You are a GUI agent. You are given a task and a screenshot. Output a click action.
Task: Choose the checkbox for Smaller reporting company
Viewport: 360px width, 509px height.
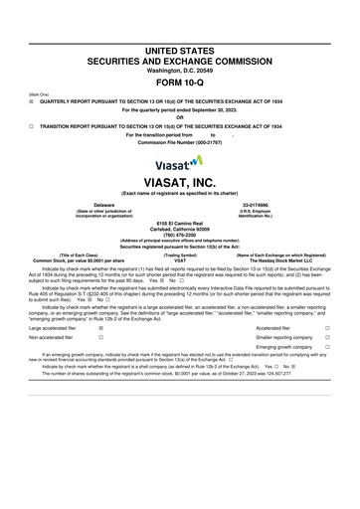tap(340, 336)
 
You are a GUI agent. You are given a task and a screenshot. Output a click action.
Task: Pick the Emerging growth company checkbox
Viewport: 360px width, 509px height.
tap(340, 347)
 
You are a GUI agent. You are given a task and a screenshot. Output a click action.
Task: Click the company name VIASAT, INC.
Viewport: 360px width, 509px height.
tap(179, 183)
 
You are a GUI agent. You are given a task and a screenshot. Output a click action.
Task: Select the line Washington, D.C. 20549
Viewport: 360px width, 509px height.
tap(179, 71)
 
